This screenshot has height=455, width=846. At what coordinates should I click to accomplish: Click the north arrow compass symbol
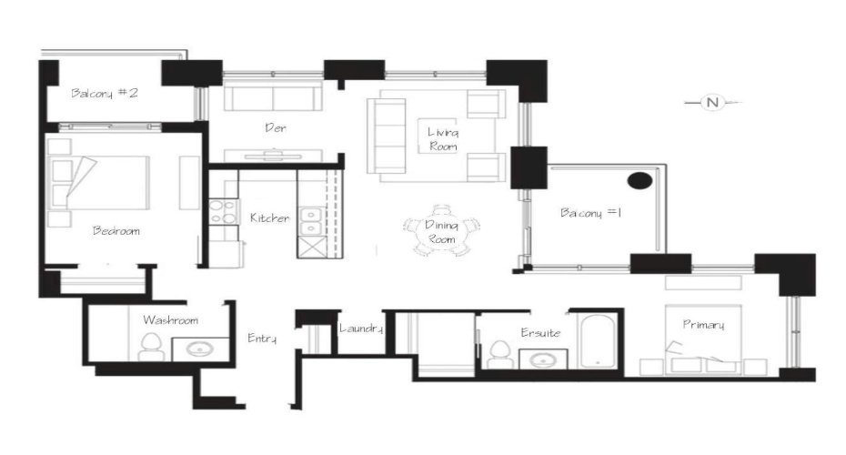[712, 103]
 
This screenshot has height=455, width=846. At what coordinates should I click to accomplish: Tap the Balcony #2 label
[105, 93]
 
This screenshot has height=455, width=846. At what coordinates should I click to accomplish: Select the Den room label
[276, 128]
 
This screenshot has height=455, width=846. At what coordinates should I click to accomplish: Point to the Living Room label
[443, 139]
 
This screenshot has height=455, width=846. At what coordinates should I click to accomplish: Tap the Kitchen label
[270, 218]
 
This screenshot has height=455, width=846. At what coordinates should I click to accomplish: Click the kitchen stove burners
[221, 212]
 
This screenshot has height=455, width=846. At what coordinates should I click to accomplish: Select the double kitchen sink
[311, 218]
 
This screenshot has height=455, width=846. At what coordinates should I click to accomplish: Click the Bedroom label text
[116, 231]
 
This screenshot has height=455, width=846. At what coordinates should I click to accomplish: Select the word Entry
[262, 339]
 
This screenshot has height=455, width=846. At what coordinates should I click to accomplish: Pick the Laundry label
[360, 329]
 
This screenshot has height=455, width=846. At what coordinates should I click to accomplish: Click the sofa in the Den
[272, 98]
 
